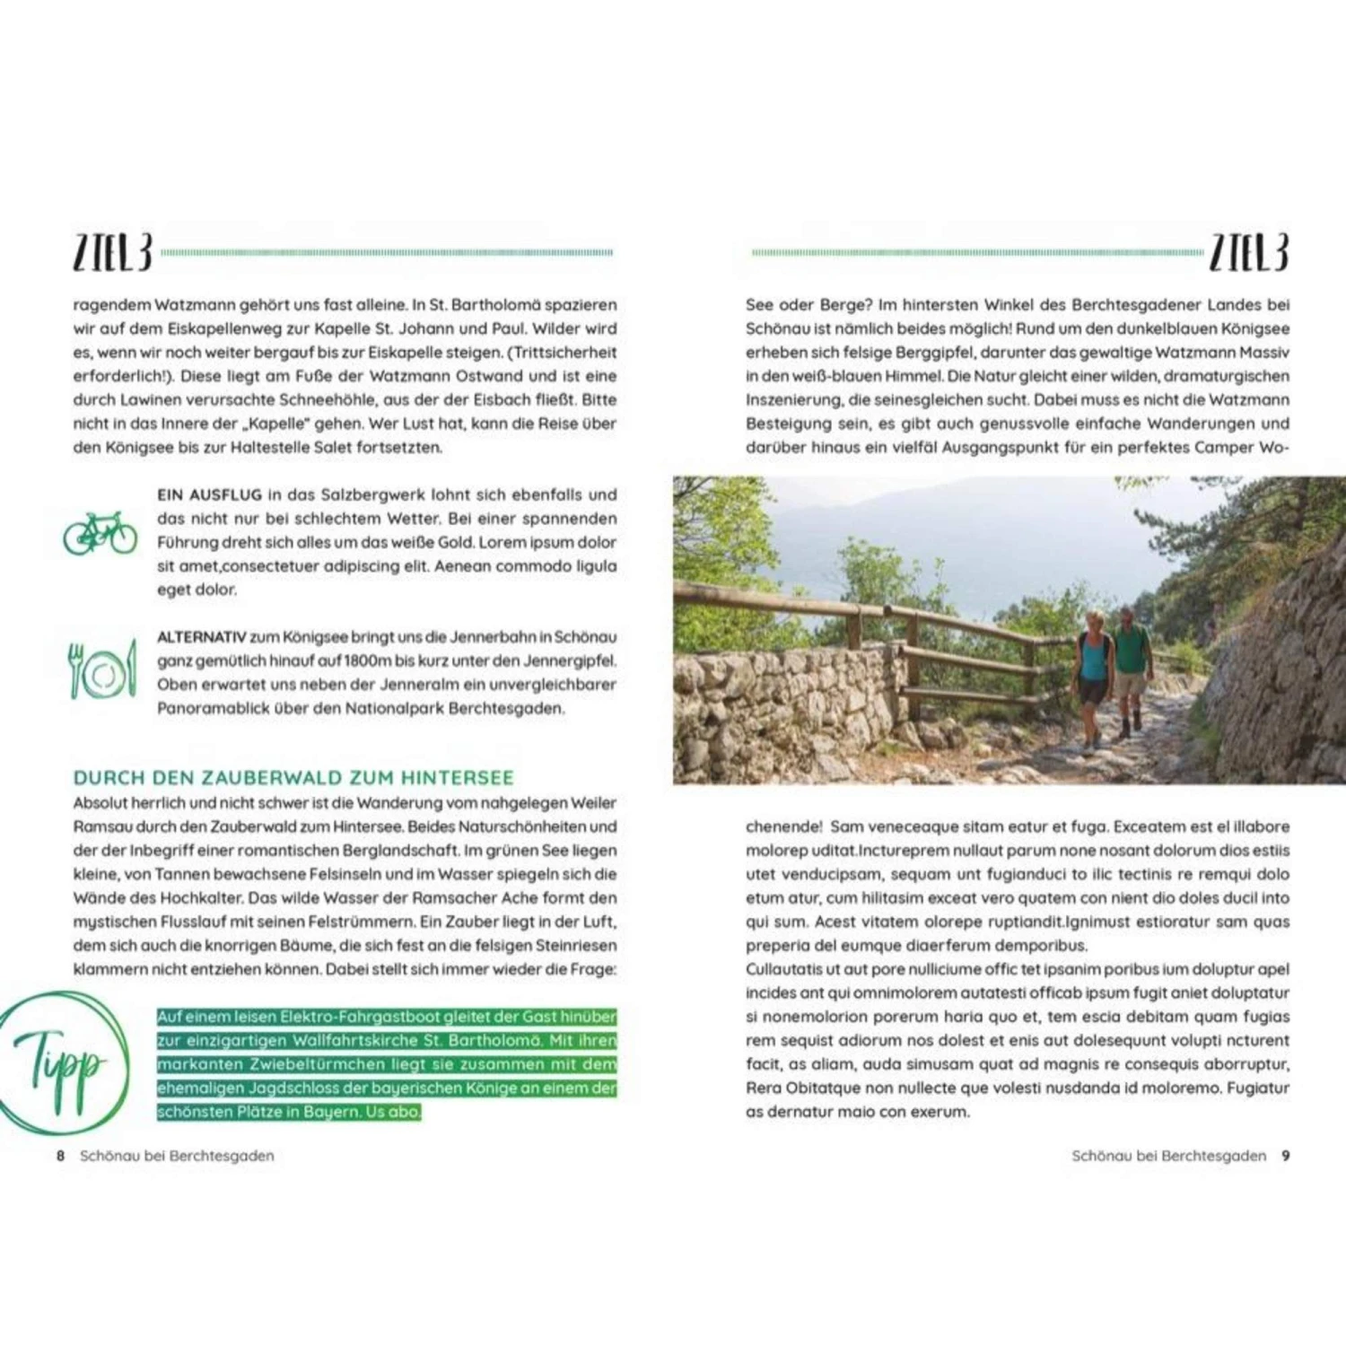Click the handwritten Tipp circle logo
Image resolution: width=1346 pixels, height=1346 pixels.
(60, 1064)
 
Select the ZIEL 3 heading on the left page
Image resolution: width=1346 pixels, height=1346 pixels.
(113, 253)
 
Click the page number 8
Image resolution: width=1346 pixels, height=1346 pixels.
(60, 1156)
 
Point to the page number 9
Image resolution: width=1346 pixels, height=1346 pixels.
(1285, 1156)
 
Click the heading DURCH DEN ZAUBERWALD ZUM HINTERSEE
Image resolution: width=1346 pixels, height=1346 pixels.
(293, 778)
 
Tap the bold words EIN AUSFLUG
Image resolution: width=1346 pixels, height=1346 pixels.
(209, 494)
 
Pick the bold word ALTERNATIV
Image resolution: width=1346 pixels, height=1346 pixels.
(201, 637)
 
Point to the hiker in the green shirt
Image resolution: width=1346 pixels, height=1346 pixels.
(1131, 664)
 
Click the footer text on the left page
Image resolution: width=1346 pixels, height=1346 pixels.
(177, 1156)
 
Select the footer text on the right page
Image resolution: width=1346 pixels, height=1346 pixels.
(1168, 1156)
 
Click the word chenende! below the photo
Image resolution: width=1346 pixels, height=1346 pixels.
(783, 826)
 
